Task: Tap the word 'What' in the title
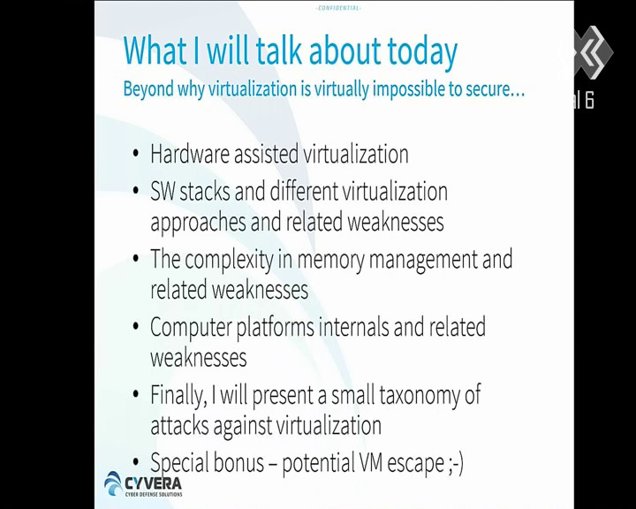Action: coord(155,49)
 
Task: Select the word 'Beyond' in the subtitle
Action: coord(148,89)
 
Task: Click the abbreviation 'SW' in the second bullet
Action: coord(163,191)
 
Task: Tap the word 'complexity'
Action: coord(229,260)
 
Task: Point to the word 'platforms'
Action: coord(275,328)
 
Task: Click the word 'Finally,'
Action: coord(178,395)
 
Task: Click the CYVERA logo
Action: coord(143,484)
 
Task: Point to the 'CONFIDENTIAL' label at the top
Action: coord(338,8)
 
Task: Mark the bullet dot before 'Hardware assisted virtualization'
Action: coord(136,155)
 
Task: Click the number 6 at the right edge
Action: coord(589,100)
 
